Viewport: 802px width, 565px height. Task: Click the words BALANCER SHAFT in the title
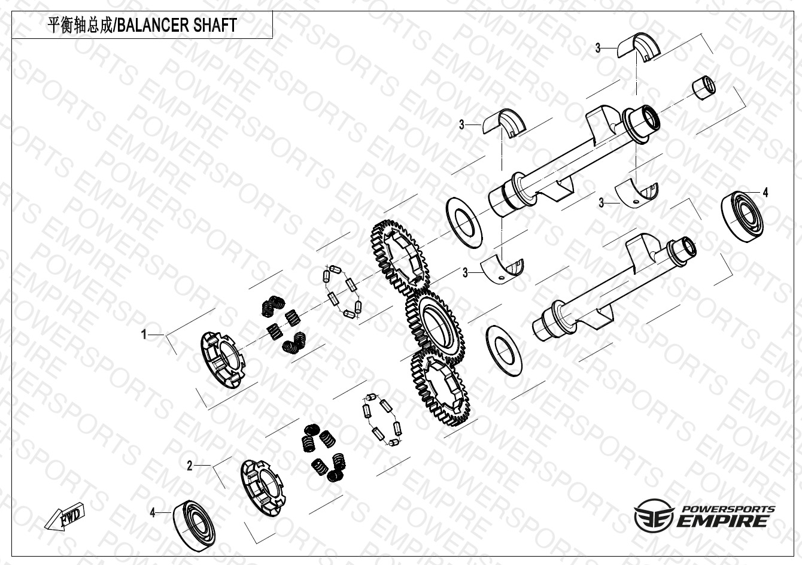177,25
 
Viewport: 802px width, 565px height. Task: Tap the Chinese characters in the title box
80,25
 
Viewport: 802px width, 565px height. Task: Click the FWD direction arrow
65,517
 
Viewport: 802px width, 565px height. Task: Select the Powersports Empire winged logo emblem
654,516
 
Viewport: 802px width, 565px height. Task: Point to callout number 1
144,335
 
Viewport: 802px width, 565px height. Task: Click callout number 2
190,466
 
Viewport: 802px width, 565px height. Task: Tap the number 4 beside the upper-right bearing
765,193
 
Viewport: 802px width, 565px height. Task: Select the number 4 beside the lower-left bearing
153,513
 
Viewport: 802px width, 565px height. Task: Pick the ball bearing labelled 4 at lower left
195,525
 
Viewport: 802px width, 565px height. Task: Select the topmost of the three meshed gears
400,259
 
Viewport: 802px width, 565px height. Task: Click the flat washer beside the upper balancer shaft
464,222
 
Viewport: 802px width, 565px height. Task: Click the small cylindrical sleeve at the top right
703,88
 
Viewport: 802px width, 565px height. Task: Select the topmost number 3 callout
597,48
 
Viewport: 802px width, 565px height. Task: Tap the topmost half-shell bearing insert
639,47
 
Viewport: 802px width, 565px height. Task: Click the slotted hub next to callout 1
221,360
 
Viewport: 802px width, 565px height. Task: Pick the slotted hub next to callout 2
263,488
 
